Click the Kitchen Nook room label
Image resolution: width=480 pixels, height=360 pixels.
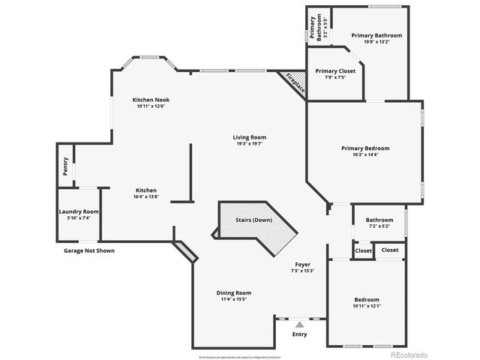click(149, 100)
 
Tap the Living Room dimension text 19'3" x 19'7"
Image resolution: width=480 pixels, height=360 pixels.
click(250, 144)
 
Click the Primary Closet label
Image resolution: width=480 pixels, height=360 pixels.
click(335, 70)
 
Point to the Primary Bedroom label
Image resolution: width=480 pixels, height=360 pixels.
click(365, 148)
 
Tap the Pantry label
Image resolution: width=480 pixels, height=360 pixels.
click(66, 164)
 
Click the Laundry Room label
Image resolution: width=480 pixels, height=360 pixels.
click(79, 211)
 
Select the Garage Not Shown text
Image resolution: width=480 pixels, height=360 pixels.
click(89, 250)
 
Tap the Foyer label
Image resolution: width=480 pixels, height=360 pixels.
click(302, 264)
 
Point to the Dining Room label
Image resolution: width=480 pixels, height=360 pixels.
click(234, 292)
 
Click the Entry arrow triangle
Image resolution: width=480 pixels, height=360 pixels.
click(300, 324)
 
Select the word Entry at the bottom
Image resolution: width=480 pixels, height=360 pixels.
click(299, 334)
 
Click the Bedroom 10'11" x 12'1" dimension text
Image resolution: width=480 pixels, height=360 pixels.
click(367, 306)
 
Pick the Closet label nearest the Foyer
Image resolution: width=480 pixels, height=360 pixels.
click(363, 250)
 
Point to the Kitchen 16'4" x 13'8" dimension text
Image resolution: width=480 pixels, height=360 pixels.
click(146, 196)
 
